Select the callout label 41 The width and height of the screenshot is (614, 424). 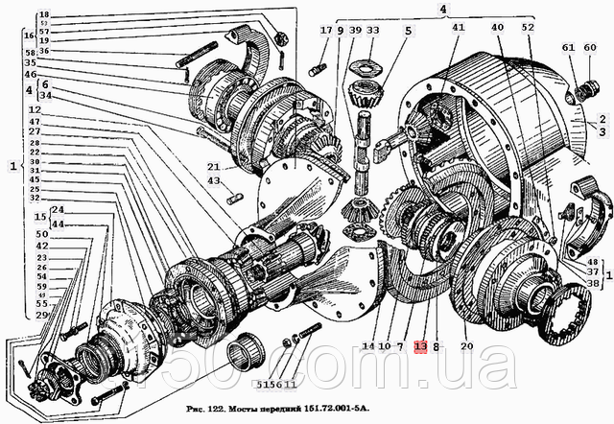pos(458,28)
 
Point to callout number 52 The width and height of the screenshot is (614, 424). pos(528,28)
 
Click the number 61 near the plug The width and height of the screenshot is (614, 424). pos(568,48)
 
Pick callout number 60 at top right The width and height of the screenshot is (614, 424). pos(591,48)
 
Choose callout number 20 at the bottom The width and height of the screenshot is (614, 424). pos(469,346)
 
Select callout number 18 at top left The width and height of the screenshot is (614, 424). pos(43,14)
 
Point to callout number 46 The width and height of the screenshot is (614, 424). pos(31,73)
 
